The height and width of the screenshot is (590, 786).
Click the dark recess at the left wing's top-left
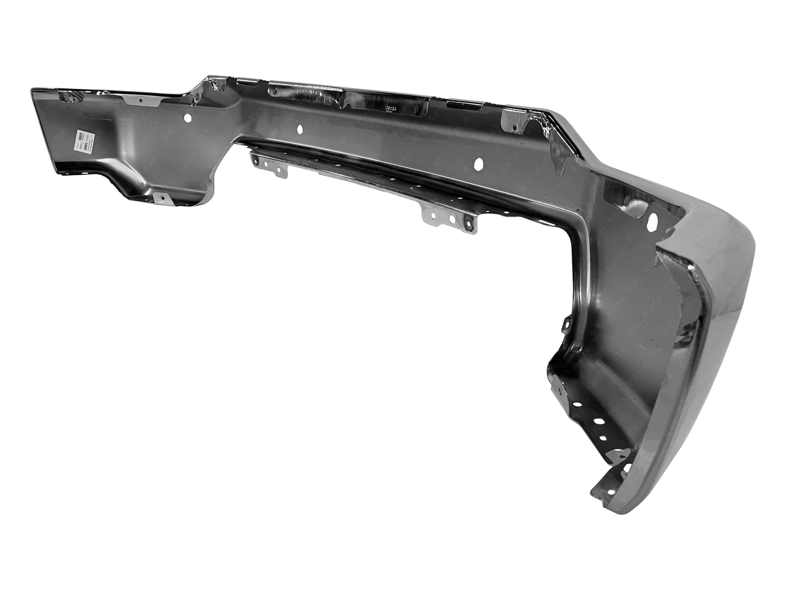[x=70, y=97]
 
